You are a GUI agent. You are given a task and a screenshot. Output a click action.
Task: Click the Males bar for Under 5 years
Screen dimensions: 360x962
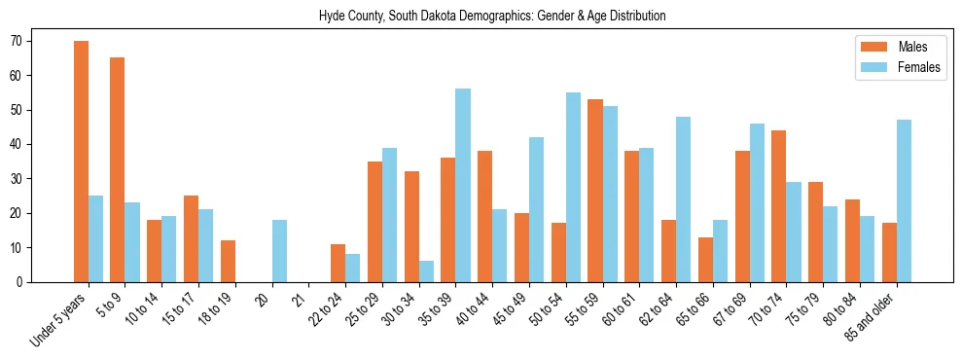click(81, 162)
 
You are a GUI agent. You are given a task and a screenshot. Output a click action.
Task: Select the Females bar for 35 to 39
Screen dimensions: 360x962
click(462, 185)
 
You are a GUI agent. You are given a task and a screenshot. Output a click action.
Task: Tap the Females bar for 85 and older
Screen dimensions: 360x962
click(904, 200)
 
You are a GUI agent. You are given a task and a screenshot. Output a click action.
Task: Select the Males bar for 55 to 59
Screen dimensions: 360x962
click(595, 191)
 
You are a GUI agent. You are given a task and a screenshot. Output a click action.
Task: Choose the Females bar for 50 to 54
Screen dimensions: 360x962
click(573, 187)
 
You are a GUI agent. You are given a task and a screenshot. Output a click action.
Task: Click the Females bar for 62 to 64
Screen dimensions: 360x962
click(683, 199)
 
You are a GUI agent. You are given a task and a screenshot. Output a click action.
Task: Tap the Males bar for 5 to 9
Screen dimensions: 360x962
click(117, 169)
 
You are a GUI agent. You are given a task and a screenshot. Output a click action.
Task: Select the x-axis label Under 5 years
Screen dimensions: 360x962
click(60, 319)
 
